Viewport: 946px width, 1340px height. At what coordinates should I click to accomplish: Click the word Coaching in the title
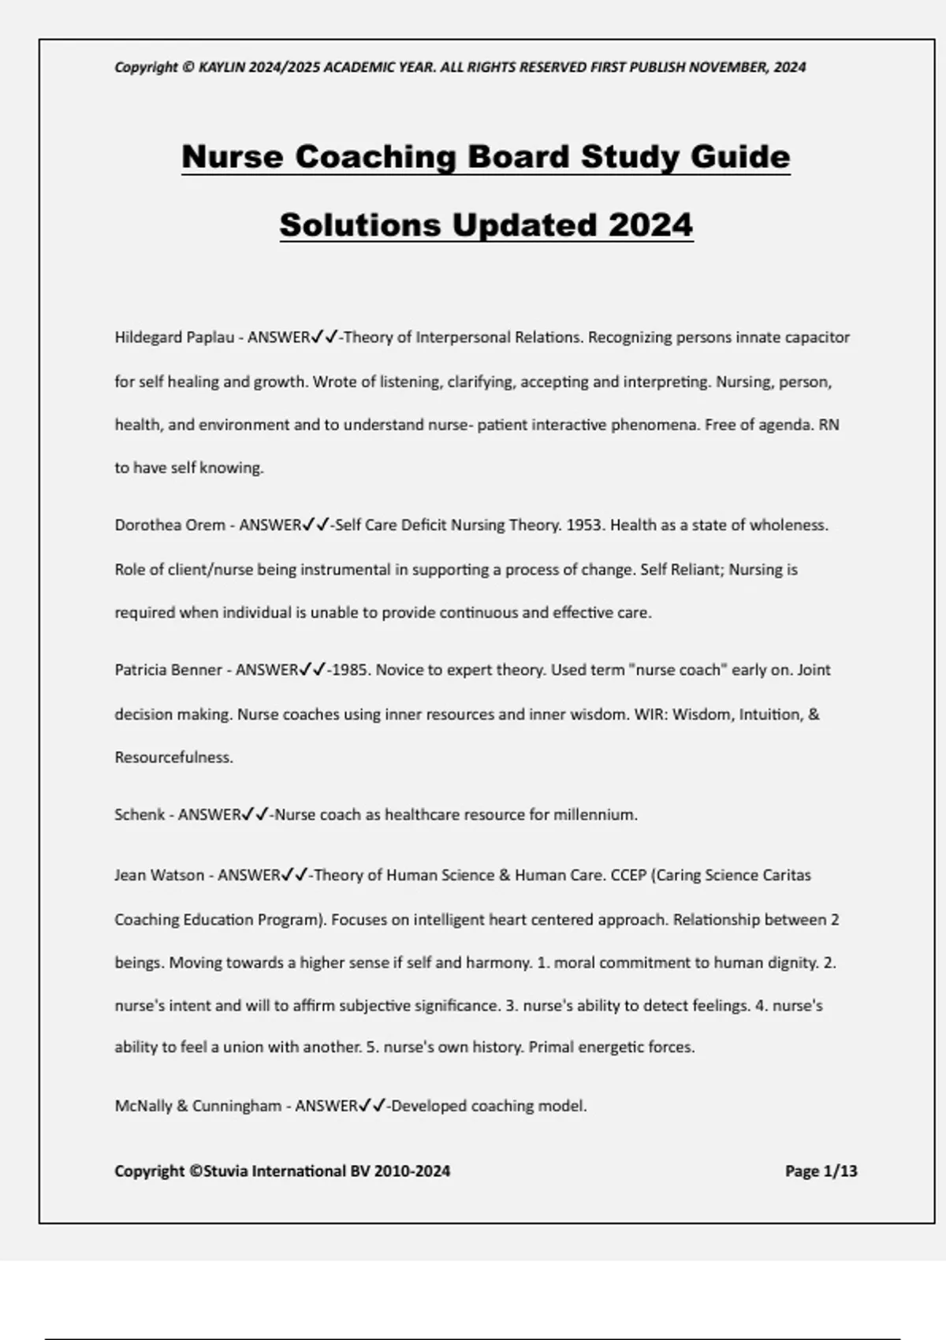coord(376,156)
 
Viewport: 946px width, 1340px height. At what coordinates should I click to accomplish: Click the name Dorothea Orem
coord(169,525)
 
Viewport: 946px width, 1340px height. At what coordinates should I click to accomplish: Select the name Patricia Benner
coord(168,670)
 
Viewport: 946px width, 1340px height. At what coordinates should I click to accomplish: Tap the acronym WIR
coord(648,714)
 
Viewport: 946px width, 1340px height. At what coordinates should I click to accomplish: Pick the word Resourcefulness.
coord(173,757)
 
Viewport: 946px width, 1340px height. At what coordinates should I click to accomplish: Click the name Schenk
coord(139,815)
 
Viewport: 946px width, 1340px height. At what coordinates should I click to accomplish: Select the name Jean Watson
coord(158,875)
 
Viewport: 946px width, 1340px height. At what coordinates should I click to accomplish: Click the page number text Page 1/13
coord(821,1171)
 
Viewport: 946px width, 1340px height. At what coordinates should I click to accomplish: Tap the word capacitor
coord(817,337)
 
